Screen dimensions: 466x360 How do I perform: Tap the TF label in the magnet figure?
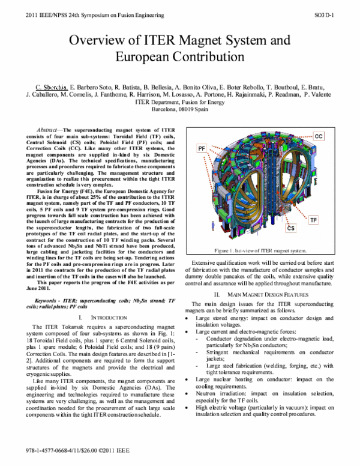(331, 220)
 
